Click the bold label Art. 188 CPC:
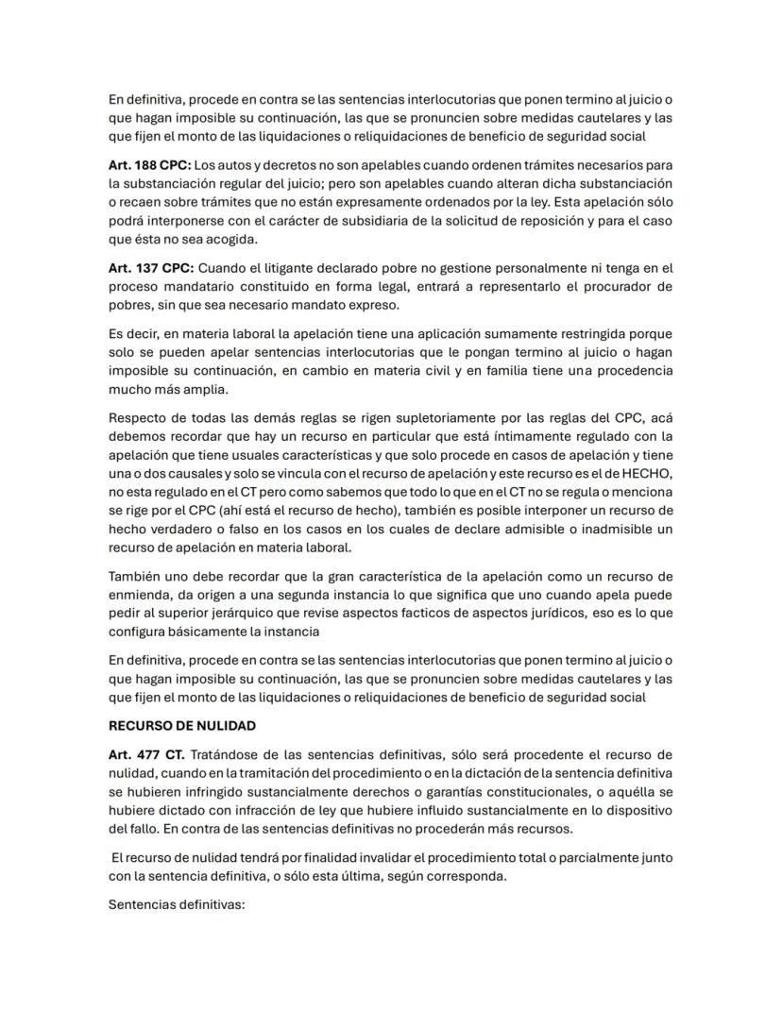click(x=144, y=165)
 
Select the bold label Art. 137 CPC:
click(x=144, y=269)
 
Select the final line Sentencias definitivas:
click(x=177, y=903)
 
